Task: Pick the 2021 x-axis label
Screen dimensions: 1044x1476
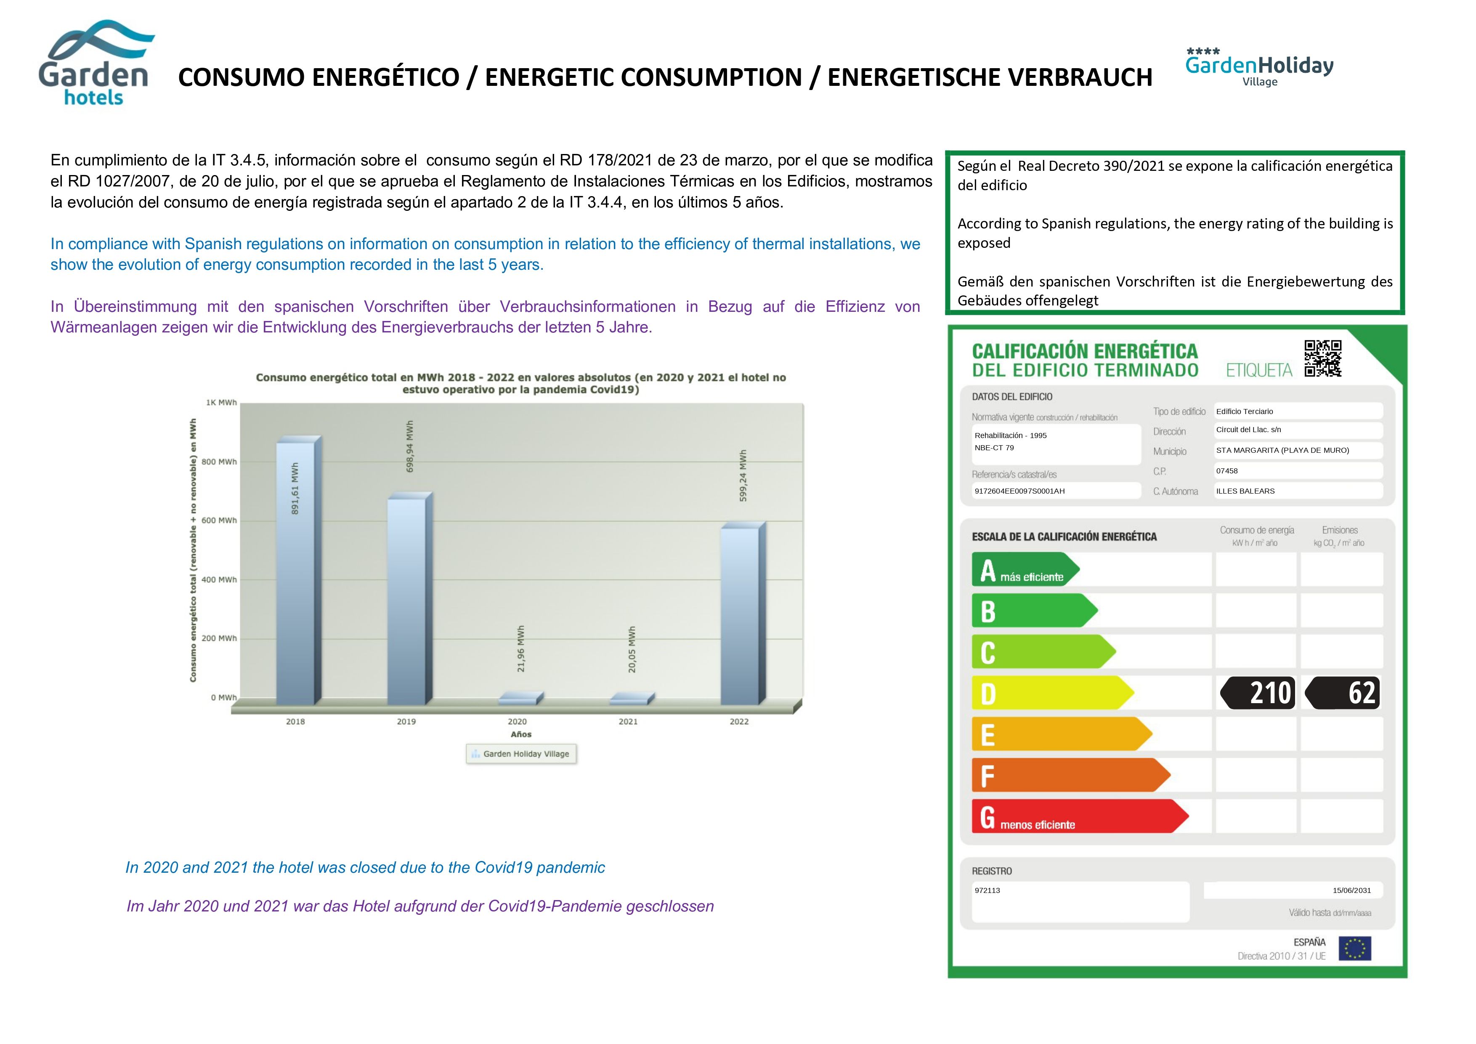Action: click(628, 721)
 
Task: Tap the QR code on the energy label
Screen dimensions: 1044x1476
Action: click(1322, 358)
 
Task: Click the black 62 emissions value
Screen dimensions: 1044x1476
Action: click(1343, 693)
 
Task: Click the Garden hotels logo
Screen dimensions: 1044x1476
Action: click(95, 64)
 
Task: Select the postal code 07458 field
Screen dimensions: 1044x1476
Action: click(1227, 470)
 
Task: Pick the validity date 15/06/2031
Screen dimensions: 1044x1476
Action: click(1351, 890)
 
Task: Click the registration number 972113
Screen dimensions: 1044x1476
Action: click(988, 890)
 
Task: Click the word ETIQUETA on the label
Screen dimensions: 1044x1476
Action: click(1259, 370)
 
